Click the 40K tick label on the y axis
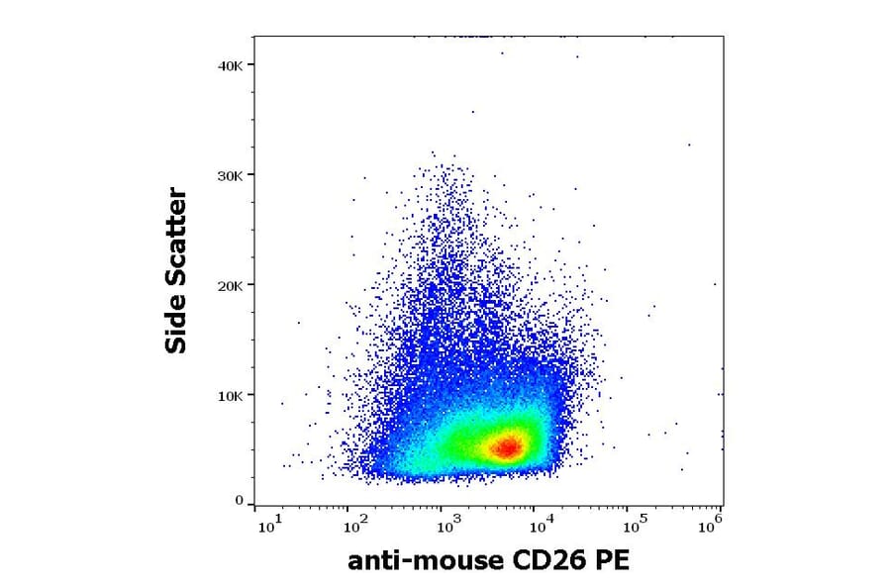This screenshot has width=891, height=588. [230, 65]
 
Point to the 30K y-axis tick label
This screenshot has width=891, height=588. [230, 175]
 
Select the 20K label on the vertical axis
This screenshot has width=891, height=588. [230, 285]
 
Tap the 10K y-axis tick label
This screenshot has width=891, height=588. [230, 395]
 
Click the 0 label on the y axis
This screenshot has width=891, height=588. [239, 501]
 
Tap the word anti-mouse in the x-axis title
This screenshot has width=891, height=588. [427, 561]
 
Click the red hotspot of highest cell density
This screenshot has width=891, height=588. [506, 447]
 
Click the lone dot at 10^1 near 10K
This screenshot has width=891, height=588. [282, 403]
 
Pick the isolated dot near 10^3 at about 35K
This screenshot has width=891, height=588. [473, 112]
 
